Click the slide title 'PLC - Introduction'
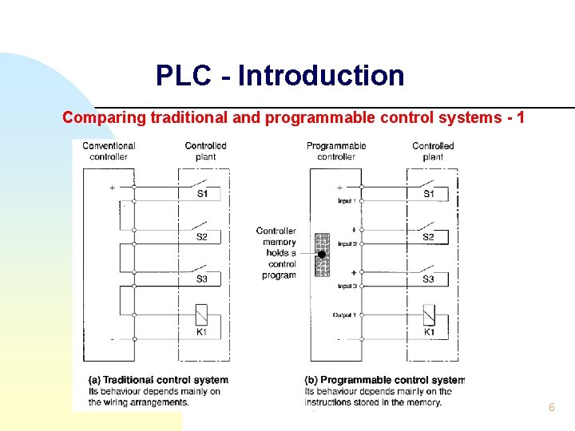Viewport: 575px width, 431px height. [280, 76]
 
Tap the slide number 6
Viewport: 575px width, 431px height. [551, 408]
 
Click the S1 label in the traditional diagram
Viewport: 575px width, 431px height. [202, 194]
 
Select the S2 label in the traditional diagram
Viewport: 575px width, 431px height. [202, 237]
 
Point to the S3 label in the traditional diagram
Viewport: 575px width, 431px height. [202, 279]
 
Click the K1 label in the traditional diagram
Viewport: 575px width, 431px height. [201, 331]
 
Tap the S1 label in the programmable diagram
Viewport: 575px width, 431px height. [429, 194]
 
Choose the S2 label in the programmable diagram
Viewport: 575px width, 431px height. [429, 237]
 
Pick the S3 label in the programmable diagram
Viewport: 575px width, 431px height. [429, 279]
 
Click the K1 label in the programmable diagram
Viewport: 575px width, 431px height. [429, 331]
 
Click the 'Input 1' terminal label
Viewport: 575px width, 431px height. [346, 201]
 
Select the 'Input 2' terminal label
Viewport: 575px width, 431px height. [346, 243]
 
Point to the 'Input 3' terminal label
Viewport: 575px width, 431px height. [346, 286]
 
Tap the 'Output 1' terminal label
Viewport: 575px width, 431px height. [344, 315]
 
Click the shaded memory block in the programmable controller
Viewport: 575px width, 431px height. [322, 255]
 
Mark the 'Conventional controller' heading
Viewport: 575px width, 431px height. [109, 152]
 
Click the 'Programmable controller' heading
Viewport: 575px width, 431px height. [336, 152]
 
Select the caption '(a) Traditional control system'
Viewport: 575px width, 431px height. [158, 380]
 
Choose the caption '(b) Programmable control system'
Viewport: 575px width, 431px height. [384, 380]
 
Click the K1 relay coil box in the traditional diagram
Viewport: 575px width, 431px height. [201, 314]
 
